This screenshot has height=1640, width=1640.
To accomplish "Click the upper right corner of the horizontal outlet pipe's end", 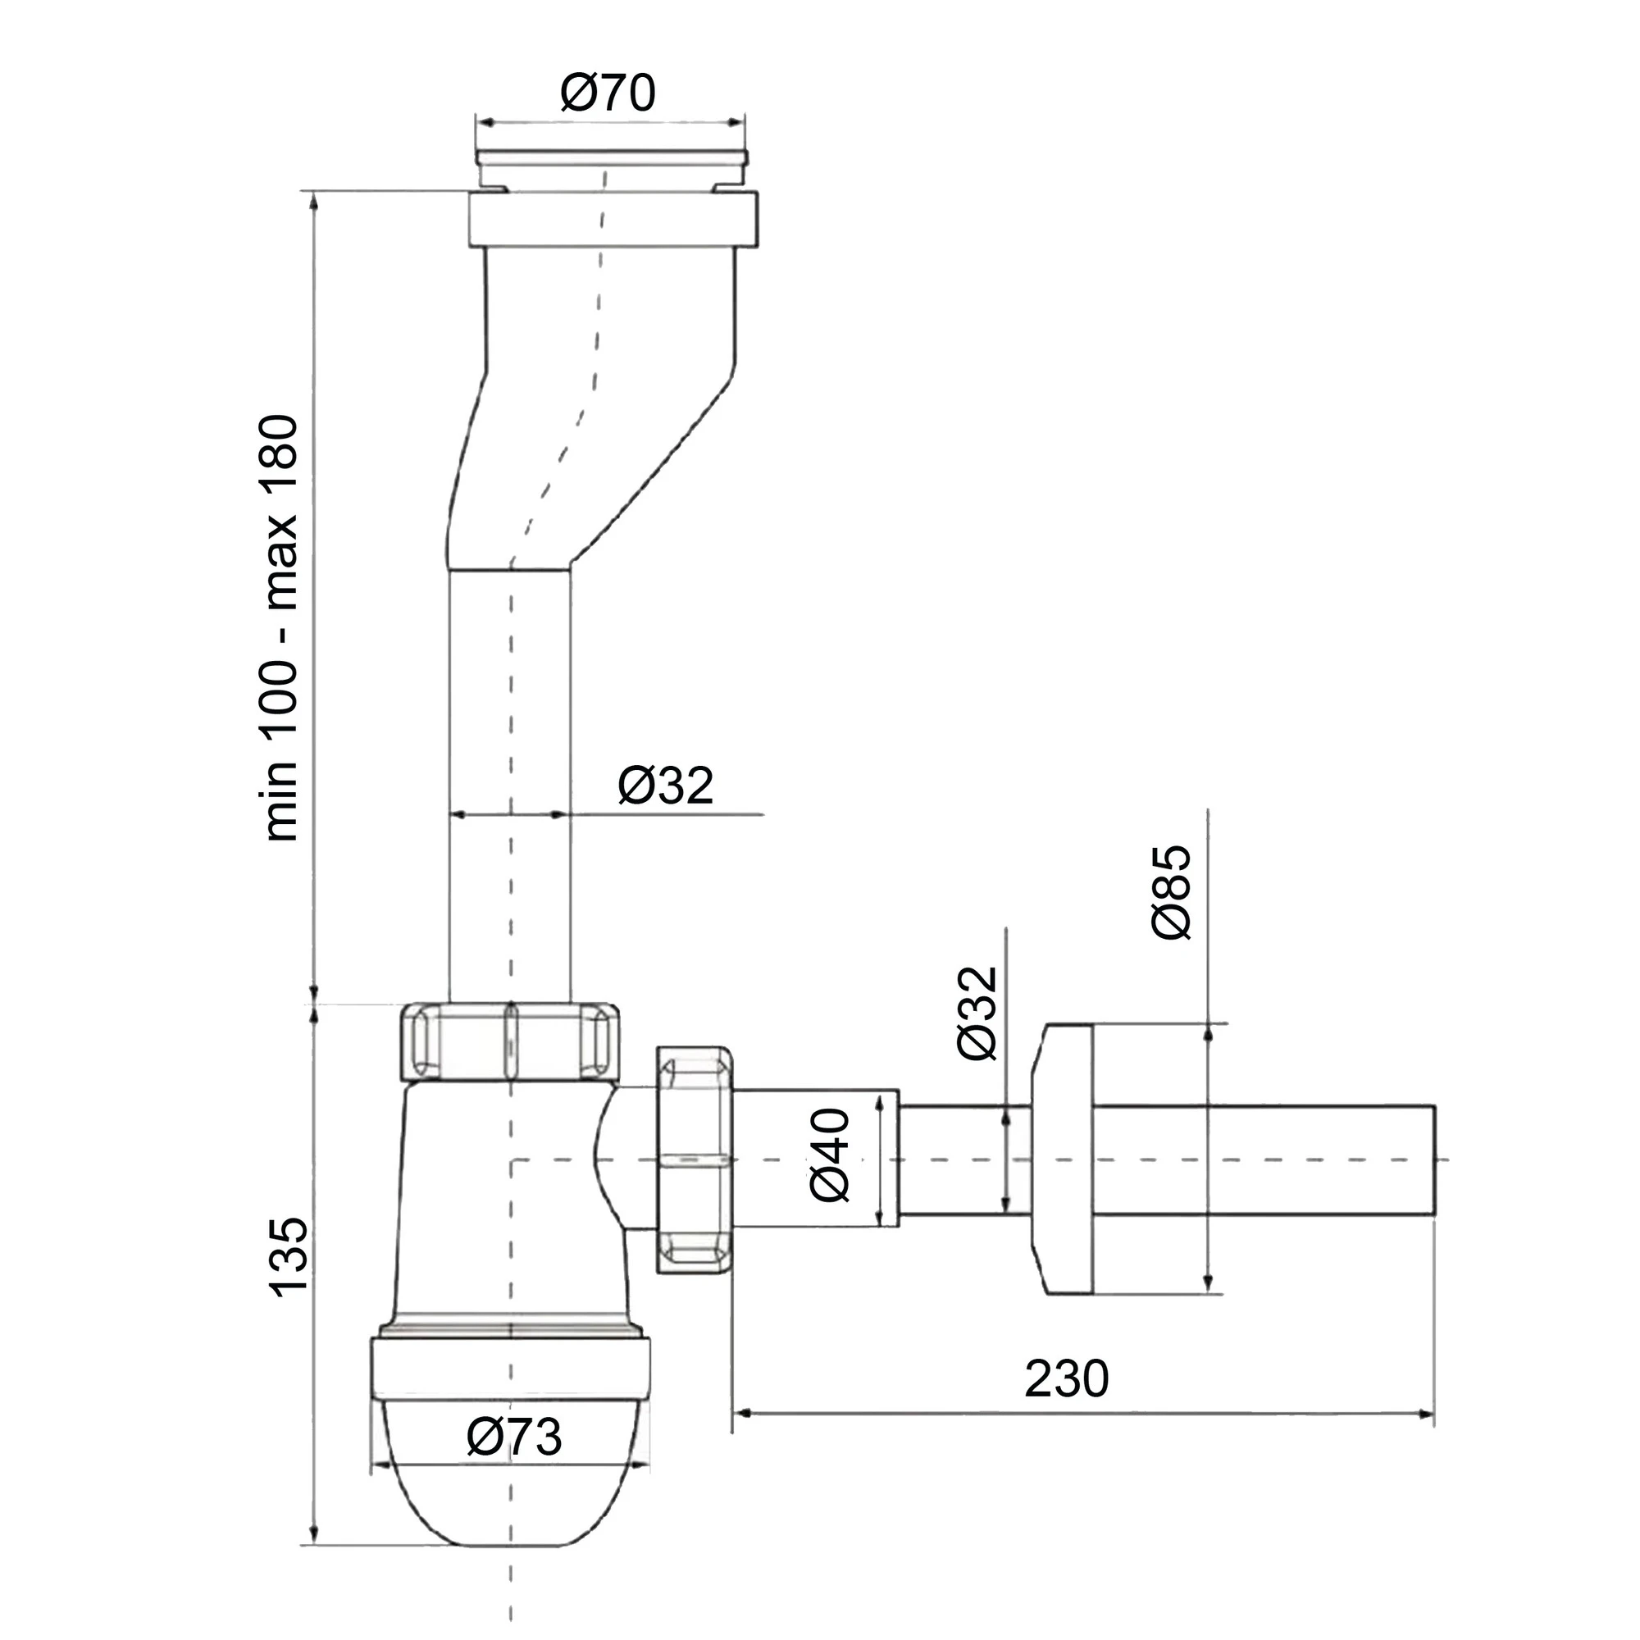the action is coord(1434,1106).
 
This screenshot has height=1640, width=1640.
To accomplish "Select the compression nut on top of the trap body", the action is coord(509,1042).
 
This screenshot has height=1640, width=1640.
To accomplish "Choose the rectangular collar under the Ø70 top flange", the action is coord(612,219).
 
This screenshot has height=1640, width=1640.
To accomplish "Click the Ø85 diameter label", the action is coord(1173,891).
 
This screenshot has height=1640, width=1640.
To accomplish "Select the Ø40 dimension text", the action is coord(830,1155).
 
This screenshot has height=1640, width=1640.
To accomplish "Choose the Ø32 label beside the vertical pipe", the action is coord(666,786).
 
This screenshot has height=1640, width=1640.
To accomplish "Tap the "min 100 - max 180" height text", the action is coord(282,628).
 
